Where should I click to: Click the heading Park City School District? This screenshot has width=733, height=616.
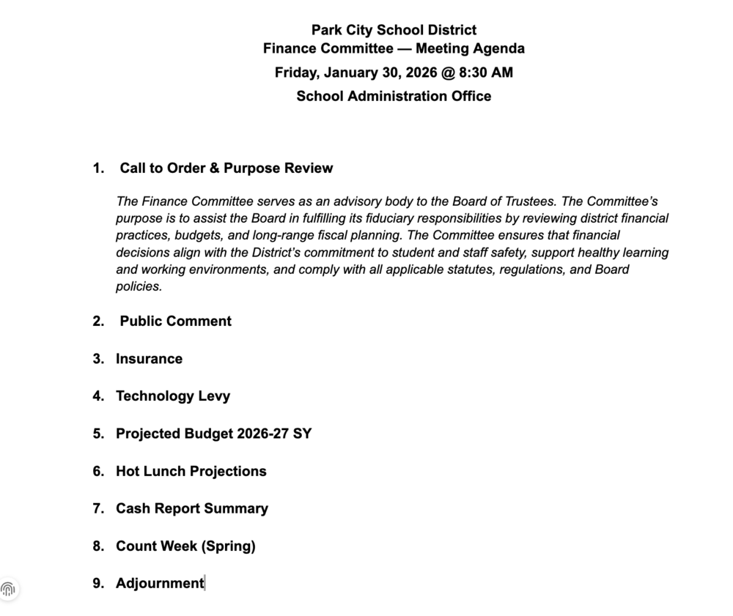394,30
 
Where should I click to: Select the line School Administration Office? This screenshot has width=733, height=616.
394,96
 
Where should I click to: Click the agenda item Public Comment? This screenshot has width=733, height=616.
175,321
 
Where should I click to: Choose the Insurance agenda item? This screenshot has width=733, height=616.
149,359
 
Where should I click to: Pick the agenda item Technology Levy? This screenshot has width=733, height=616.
173,396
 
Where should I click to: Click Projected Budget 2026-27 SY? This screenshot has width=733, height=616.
213,434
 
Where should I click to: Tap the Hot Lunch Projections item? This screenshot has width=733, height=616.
191,471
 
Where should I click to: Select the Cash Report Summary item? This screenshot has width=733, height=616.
192,508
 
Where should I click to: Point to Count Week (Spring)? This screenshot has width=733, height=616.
185,546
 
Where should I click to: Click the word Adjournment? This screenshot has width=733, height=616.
160,583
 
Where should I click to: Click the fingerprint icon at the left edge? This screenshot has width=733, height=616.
8,589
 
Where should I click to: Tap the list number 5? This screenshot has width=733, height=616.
97,434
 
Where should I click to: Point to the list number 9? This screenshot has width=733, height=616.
97,583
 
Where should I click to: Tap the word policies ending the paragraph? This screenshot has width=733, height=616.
138,286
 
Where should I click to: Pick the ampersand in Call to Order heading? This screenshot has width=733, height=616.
214,168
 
